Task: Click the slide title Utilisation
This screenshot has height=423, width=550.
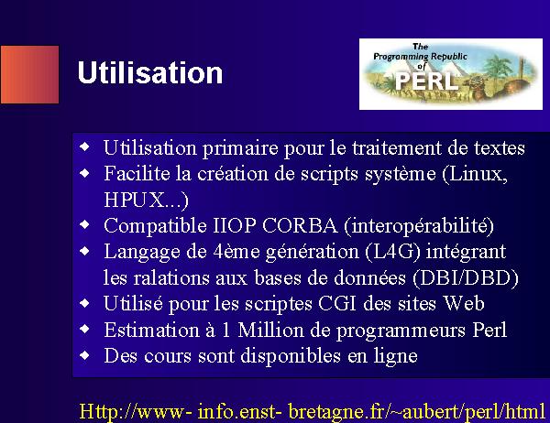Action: pyautogui.click(x=150, y=72)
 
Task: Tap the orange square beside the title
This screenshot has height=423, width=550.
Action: pyautogui.click(x=30, y=74)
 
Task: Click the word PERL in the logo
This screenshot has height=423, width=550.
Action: pyautogui.click(x=427, y=81)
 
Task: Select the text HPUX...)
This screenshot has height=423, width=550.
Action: pyautogui.click(x=146, y=201)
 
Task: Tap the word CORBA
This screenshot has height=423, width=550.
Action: pyautogui.click(x=300, y=225)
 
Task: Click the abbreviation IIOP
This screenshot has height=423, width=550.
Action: pyautogui.click(x=235, y=225)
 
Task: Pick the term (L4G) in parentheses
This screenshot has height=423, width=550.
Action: pyautogui.click(x=392, y=252)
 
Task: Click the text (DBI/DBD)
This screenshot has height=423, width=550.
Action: pyautogui.click(x=466, y=278)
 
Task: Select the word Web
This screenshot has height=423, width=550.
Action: pyautogui.click(x=463, y=303)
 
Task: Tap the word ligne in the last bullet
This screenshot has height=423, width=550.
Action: pyautogui.click(x=395, y=357)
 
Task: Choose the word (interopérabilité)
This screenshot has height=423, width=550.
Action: pyautogui.click(x=419, y=226)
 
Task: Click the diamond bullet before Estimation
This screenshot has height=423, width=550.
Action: pyautogui.click(x=84, y=329)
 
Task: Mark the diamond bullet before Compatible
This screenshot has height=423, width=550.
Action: pyautogui.click(x=84, y=224)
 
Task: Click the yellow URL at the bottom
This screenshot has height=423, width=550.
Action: pyautogui.click(x=313, y=411)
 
